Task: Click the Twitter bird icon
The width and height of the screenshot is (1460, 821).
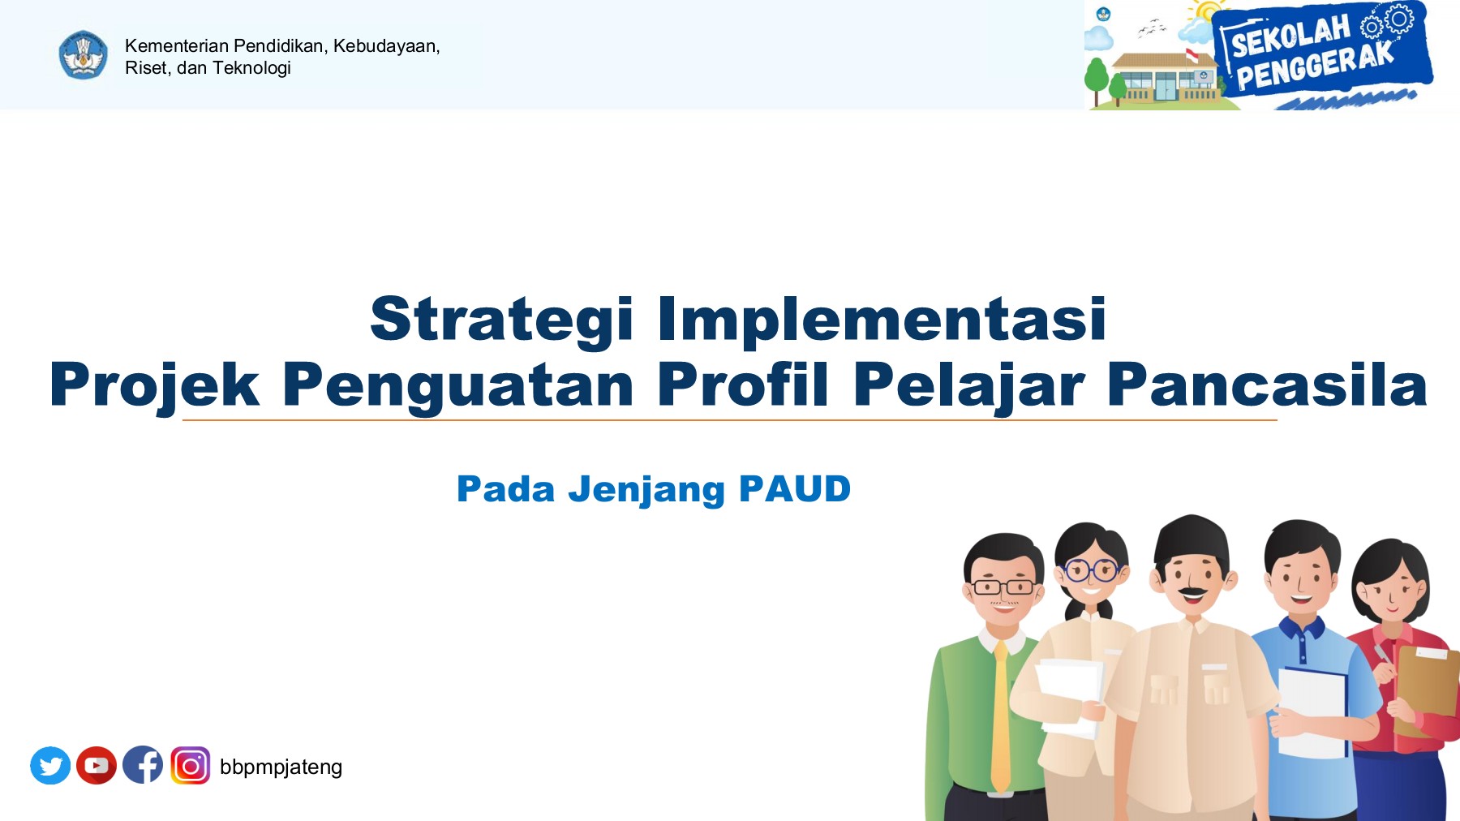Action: coord(50,765)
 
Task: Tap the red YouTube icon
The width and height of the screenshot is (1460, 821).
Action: coord(97,765)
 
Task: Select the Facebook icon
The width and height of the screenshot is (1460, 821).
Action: coord(143,765)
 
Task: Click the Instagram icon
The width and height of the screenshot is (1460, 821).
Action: coord(191,765)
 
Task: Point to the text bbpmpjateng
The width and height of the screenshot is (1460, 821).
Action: coord(281,767)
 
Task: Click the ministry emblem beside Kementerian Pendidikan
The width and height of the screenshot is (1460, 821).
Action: coord(83,55)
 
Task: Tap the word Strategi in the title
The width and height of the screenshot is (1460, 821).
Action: coord(501,319)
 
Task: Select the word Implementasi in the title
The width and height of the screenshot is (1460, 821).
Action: coord(882,319)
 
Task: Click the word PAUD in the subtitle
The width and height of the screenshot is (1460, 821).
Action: coord(794,489)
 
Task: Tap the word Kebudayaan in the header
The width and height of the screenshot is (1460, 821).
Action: coord(386,46)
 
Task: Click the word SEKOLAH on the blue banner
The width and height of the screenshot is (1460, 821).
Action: coord(1290,37)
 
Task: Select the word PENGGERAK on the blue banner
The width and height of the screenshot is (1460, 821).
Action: coord(1315,67)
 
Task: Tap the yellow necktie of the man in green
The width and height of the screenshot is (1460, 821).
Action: coord(1002,714)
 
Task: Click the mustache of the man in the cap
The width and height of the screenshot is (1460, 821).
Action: coord(1192,590)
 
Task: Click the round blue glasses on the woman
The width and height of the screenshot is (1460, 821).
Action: coord(1090,570)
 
